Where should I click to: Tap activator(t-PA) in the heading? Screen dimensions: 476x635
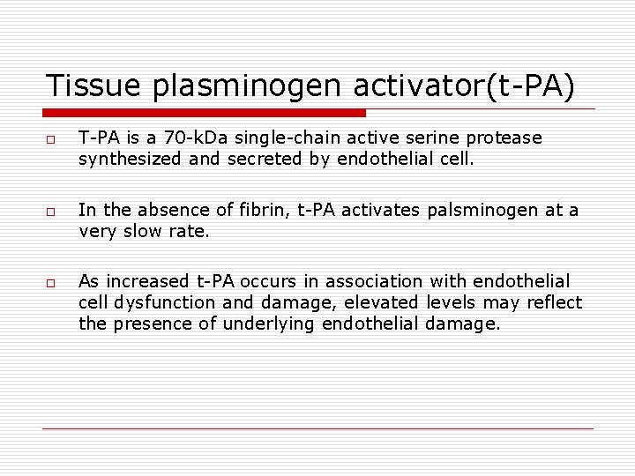click(x=459, y=86)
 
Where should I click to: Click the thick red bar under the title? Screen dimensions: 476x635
click(x=205, y=113)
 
